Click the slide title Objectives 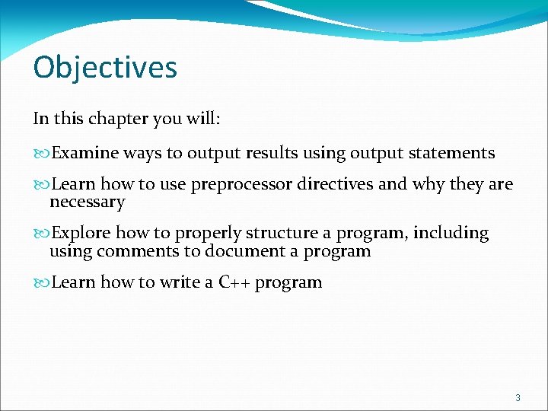pyautogui.click(x=105, y=67)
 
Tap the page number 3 pyautogui.click(x=518, y=397)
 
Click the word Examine pyautogui.click(x=85, y=153)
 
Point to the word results pyautogui.click(x=272, y=153)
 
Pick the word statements pyautogui.click(x=451, y=153)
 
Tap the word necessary pyautogui.click(x=87, y=202)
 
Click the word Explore pyautogui.click(x=80, y=233)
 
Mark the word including pyautogui.click(x=451, y=233)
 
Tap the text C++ pyautogui.click(x=234, y=282)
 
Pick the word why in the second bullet pyautogui.click(x=429, y=184)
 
